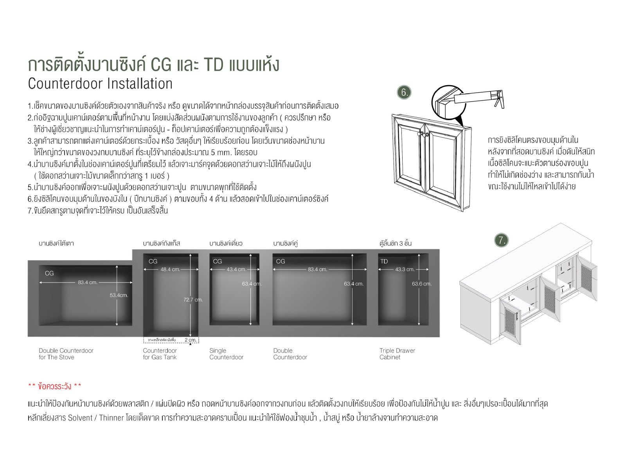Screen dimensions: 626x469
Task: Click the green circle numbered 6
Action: tap(404, 92)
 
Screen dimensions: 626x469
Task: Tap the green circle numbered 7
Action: tap(501, 240)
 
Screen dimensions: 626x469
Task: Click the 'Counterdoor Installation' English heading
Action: tap(100, 84)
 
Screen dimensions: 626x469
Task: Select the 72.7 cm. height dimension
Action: tap(193, 299)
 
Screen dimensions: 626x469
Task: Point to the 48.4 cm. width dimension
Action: tap(170, 269)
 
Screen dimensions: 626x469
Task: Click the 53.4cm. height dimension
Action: tap(119, 295)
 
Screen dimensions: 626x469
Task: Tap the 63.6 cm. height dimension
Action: tap(421, 284)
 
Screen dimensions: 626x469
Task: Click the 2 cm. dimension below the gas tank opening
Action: tap(190, 340)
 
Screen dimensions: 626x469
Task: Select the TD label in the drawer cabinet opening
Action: tap(384, 261)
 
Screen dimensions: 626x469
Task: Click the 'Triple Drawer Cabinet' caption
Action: tap(397, 354)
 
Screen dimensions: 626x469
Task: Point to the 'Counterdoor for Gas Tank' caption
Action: tap(160, 354)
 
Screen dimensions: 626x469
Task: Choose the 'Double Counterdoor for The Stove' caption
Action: tap(66, 354)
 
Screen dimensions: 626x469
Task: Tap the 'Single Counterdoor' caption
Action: tap(226, 354)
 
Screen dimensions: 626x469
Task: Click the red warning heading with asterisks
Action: tap(55, 386)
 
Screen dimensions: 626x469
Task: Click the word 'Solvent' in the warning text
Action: tap(80, 418)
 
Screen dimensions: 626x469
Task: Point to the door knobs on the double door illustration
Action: tap(423, 134)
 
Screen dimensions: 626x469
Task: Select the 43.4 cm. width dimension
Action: tap(236, 269)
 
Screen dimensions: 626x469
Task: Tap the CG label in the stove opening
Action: tap(49, 273)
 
